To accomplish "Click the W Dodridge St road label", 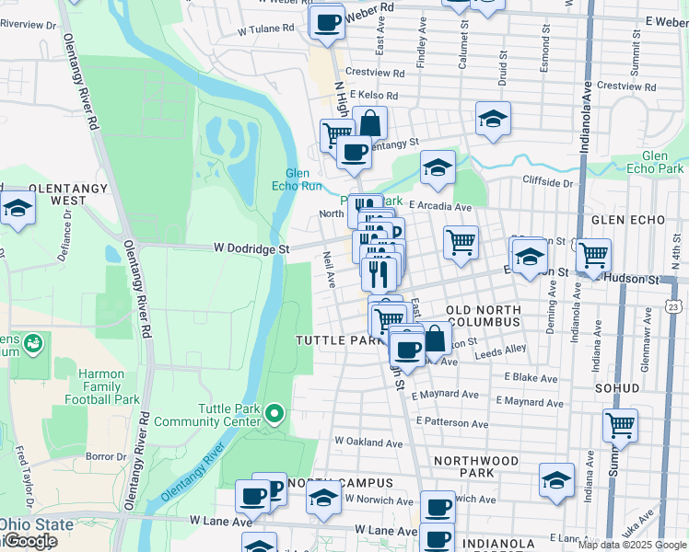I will pyautogui.click(x=251, y=247).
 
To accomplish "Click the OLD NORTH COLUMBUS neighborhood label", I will pyautogui.click(x=484, y=316).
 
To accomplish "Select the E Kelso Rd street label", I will pyautogui.click(x=372, y=95).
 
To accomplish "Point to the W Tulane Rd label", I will pyautogui.click(x=265, y=29).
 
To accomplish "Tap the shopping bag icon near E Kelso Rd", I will pyautogui.click(x=369, y=122).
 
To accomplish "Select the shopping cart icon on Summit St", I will pyautogui.click(x=620, y=425).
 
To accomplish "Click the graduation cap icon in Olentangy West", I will pyautogui.click(x=17, y=208).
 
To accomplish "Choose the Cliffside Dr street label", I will pyautogui.click(x=548, y=182).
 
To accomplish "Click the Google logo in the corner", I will pyautogui.click(x=29, y=541).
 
